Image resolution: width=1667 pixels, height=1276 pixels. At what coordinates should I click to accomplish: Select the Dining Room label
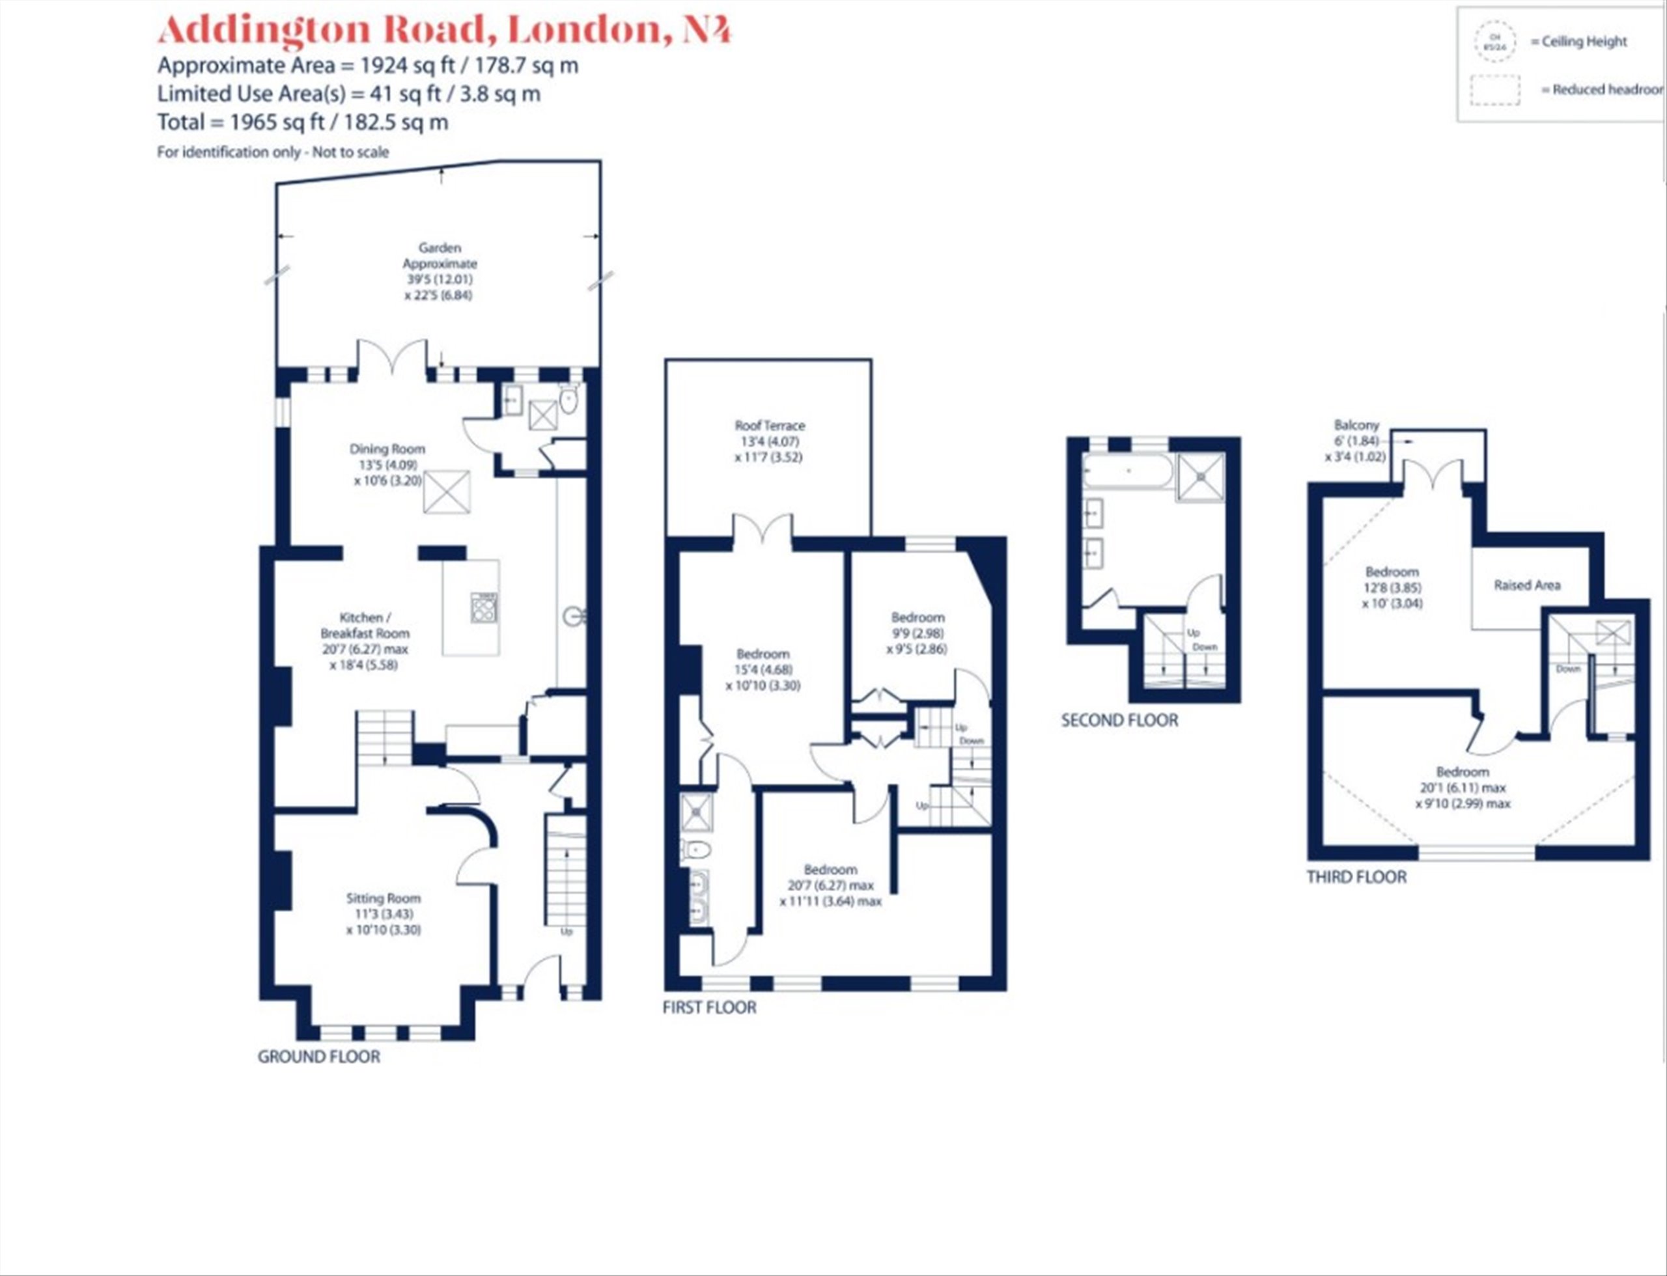(387, 449)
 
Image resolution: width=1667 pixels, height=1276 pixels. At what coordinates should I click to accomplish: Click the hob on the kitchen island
(484, 607)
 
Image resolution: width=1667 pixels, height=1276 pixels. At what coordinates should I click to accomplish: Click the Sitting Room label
(382, 898)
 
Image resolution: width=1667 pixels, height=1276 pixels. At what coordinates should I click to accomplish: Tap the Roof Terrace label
(769, 426)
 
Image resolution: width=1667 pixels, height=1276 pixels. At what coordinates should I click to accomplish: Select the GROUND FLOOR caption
(318, 1057)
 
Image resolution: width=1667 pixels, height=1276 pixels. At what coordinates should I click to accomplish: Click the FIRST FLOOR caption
(709, 1007)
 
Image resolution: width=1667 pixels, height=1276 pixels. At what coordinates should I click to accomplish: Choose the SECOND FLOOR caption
(1119, 720)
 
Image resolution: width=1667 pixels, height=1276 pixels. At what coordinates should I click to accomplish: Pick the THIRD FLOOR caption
(1356, 878)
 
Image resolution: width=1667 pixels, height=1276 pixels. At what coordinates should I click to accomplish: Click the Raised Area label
(1526, 585)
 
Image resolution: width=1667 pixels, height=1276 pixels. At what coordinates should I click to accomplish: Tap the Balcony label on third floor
(1356, 425)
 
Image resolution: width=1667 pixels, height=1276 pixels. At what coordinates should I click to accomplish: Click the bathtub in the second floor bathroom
(1128, 471)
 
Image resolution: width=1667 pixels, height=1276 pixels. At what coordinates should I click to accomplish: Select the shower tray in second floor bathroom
(1201, 477)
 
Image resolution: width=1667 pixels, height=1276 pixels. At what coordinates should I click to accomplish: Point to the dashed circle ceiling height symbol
(1494, 42)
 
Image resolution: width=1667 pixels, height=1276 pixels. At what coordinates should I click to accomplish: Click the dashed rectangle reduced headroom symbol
(1494, 90)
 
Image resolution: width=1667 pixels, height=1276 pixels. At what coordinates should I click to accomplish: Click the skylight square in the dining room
(446, 492)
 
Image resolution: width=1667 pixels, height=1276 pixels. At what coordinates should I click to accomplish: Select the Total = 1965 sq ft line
(302, 122)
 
